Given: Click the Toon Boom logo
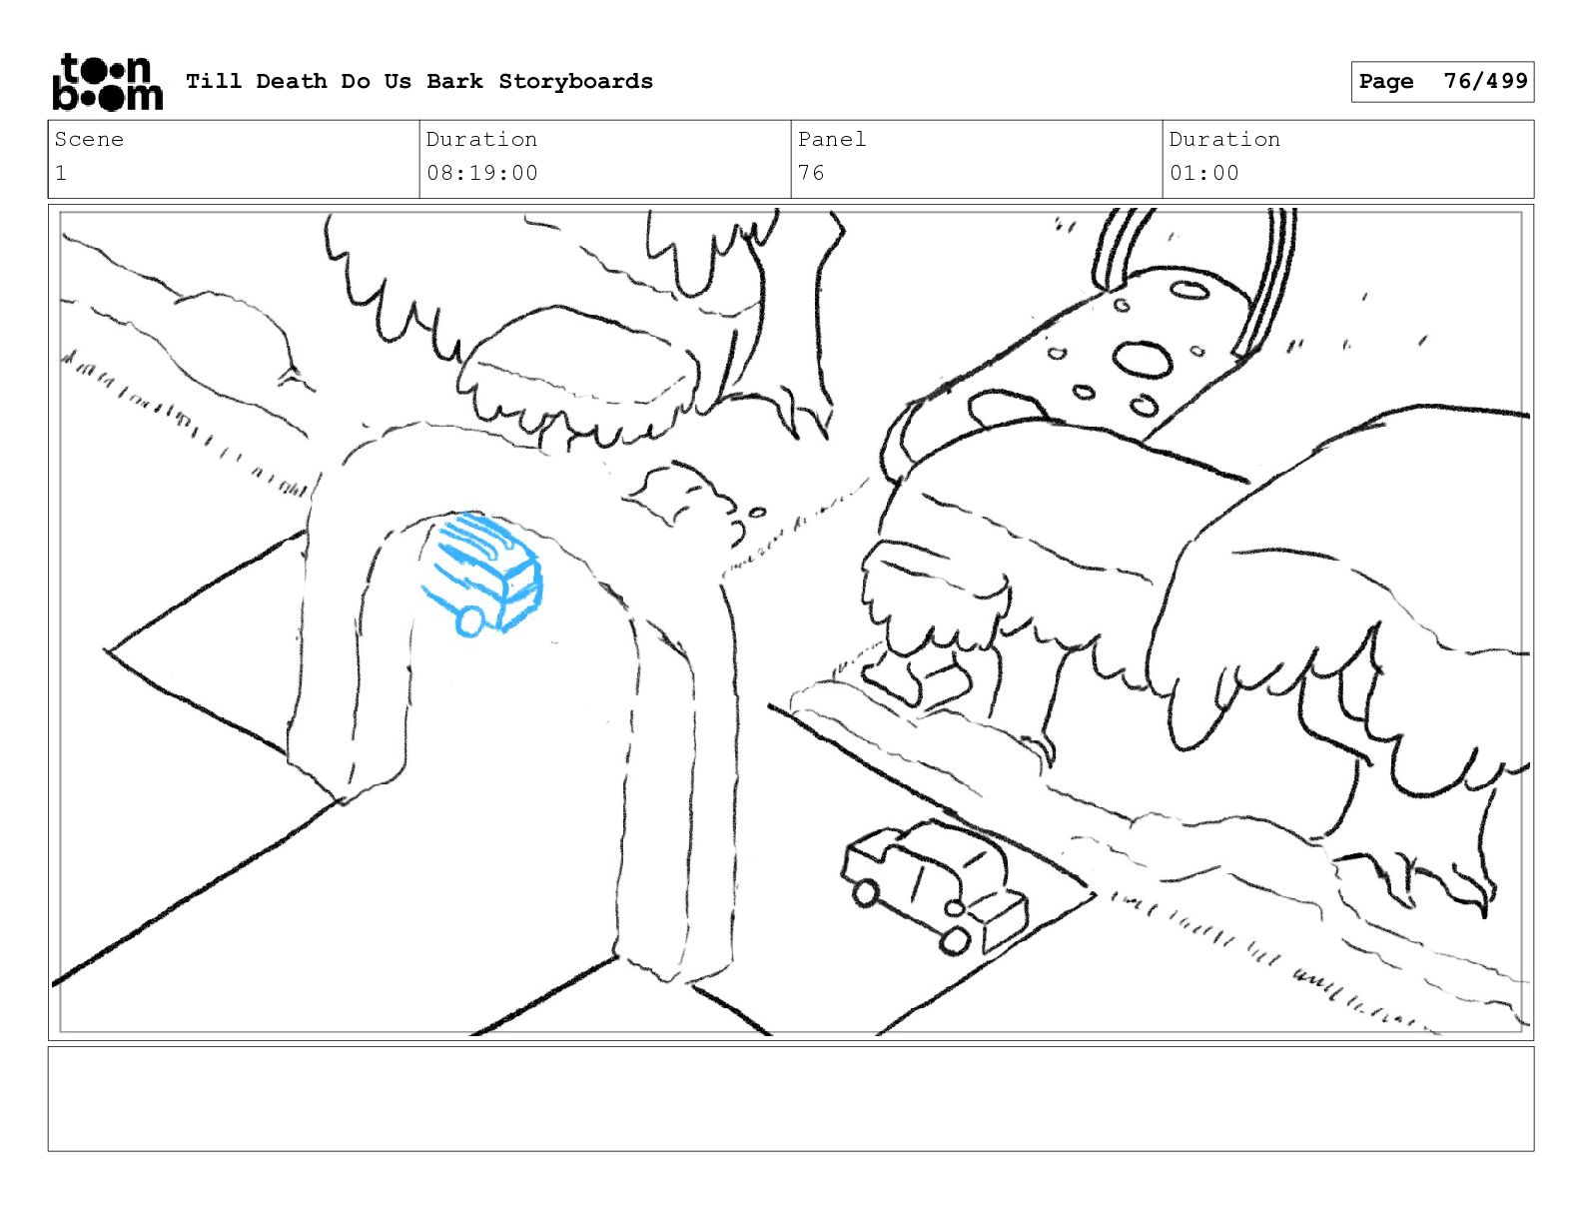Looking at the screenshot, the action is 106,82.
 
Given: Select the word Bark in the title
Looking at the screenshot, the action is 454,82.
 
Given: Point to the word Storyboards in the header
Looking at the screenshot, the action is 575,82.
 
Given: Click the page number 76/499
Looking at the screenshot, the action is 1485,81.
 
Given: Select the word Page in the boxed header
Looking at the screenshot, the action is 1386,82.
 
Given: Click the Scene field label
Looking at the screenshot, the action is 89,140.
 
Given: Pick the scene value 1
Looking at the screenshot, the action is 61,173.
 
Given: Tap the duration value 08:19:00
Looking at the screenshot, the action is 482,173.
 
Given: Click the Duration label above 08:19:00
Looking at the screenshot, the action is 482,140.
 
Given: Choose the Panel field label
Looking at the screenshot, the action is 831,140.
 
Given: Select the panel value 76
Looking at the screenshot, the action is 811,173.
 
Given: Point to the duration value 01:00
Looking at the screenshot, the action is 1204,173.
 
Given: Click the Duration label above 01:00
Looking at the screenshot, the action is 1224,140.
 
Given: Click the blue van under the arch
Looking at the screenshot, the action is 484,573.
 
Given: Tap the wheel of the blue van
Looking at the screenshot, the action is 469,620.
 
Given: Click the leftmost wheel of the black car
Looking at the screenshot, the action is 865,892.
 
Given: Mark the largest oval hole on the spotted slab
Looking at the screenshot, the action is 1143,360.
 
